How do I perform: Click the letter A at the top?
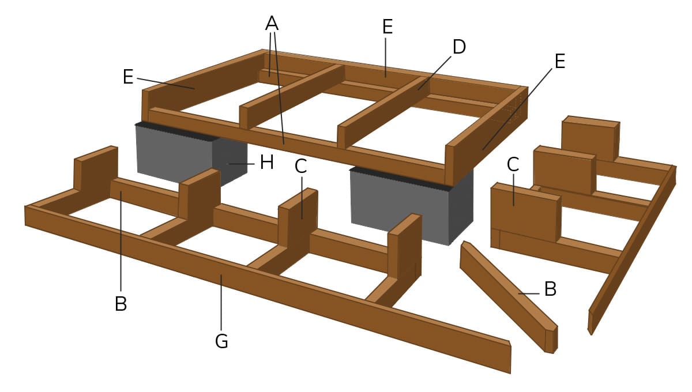tap(272, 23)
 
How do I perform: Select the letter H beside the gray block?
tap(266, 163)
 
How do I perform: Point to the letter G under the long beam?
tap(221, 341)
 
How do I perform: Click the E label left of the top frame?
tap(128, 77)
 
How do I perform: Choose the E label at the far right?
tap(559, 61)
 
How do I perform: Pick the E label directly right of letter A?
tap(387, 27)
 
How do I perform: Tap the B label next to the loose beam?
tap(550, 289)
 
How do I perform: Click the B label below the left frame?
tap(121, 304)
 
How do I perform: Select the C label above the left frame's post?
tap(300, 166)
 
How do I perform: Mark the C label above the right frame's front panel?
tap(513, 164)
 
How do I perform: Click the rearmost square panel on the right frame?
tap(589, 138)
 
